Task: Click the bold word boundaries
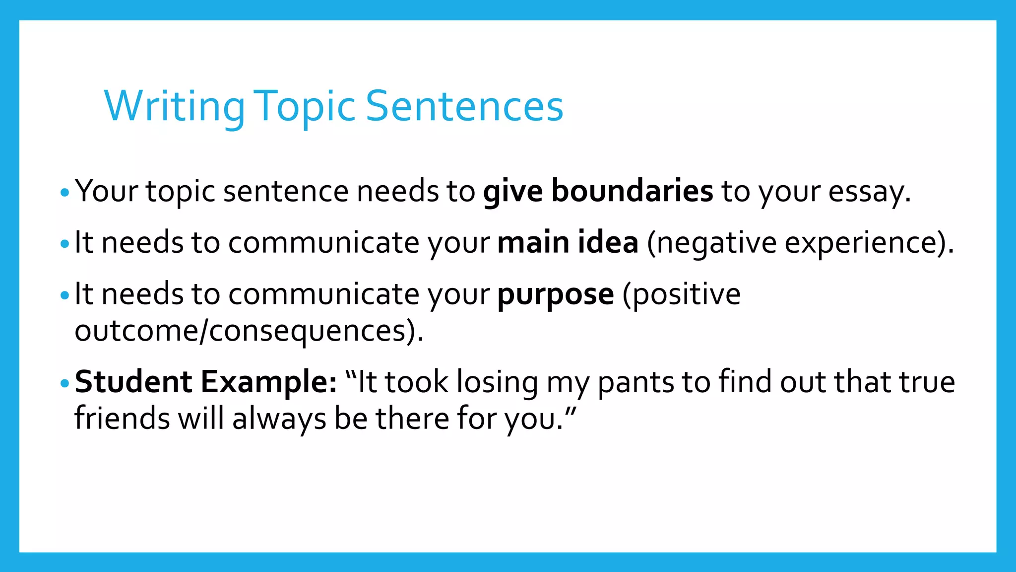(632, 191)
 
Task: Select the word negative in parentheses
(712, 243)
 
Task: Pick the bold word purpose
(556, 295)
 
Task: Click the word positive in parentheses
(682, 294)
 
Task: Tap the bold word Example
(268, 382)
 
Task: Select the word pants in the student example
(635, 383)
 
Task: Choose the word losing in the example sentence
(497, 383)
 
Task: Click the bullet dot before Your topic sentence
(64, 192)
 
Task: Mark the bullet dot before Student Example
(64, 383)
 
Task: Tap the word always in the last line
(279, 419)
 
